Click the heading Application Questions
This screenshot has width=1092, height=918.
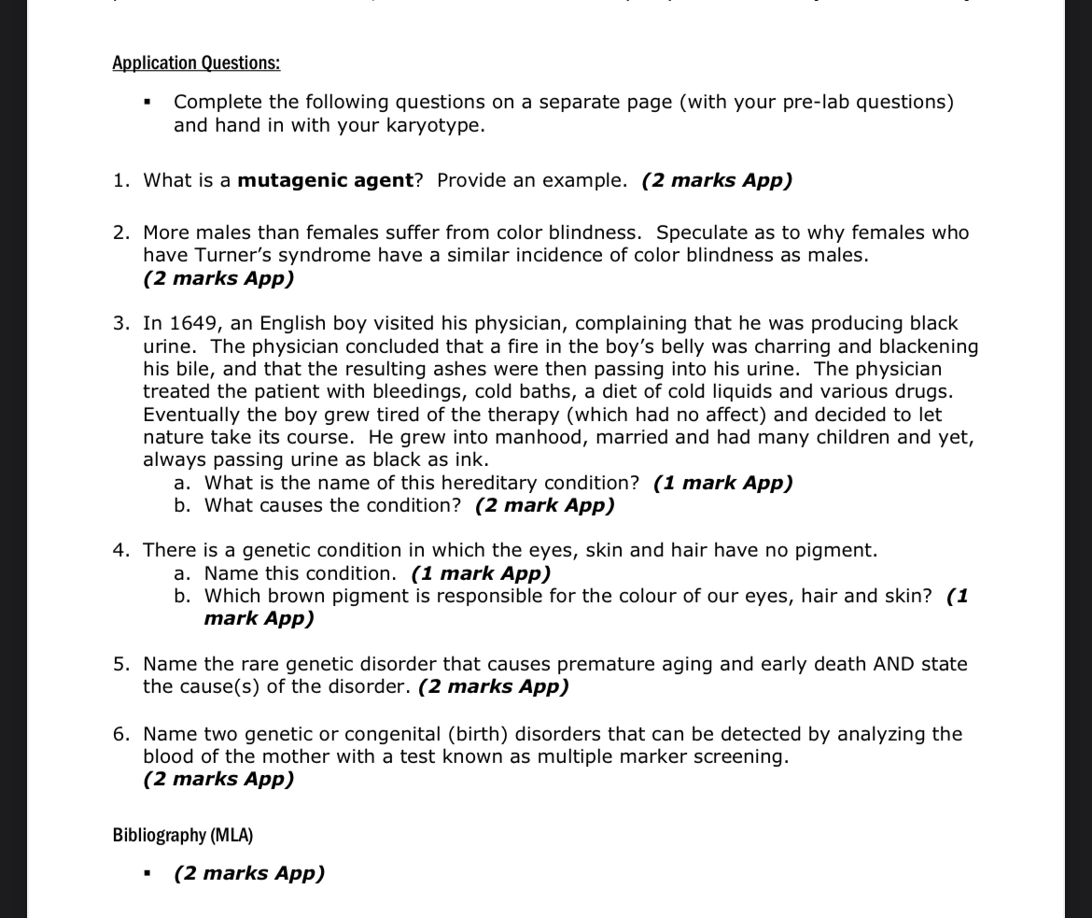196,64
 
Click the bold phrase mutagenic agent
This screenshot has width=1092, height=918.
325,180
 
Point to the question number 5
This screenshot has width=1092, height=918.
120,664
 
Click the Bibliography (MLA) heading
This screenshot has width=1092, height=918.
183,834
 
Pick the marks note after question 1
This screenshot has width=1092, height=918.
717,180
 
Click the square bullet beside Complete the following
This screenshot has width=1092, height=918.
147,103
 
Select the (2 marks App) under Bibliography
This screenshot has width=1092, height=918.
249,873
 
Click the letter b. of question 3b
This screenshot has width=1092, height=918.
184,505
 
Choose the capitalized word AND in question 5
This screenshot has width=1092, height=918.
893,664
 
